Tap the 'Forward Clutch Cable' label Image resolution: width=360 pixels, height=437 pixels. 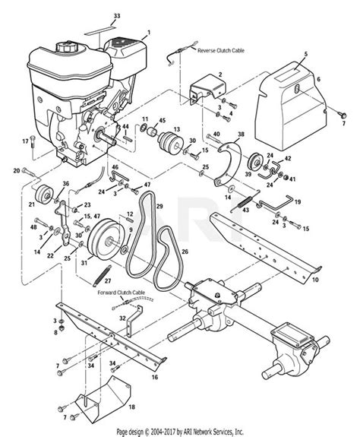[121, 291]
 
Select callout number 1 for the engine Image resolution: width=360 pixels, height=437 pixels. [149, 32]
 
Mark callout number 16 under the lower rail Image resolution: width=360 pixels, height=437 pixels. [156, 376]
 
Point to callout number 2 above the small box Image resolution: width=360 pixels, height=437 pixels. [220, 74]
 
